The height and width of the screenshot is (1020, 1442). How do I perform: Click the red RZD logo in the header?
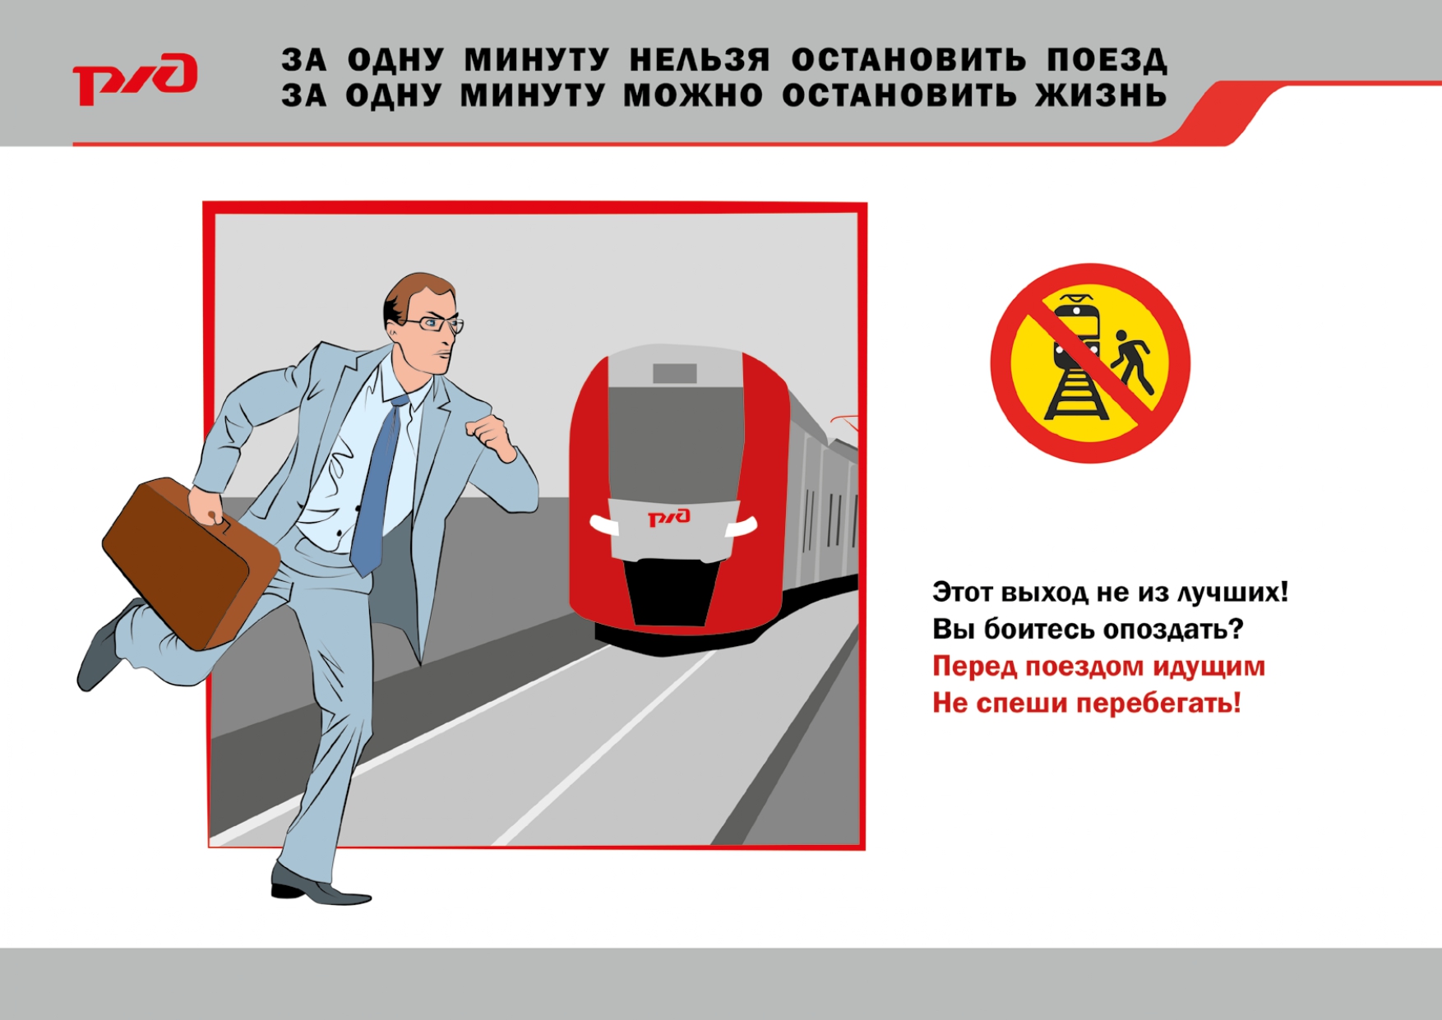135,79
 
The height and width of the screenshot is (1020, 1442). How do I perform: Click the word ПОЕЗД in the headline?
1107,60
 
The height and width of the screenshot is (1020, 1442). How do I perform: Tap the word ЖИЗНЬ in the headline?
1101,96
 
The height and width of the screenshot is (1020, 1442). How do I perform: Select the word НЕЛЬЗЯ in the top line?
700,60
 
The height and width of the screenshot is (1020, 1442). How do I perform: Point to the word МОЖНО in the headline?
693,96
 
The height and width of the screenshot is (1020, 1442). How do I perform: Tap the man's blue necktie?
379,485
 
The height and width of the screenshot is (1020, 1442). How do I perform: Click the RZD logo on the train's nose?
669,517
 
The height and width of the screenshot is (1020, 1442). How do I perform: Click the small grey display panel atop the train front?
675,373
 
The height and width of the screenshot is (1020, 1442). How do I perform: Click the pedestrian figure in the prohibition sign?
1133,362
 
